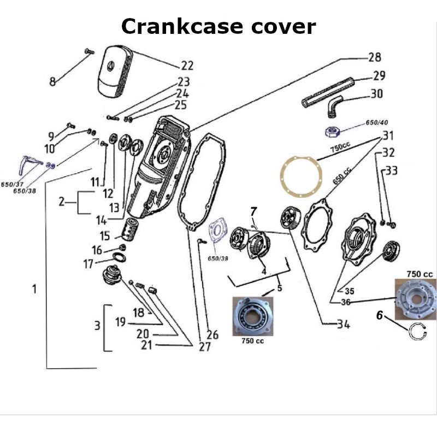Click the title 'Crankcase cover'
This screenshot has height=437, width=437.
coord(218,26)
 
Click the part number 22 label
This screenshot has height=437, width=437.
coord(187,66)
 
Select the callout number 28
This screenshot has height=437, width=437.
coord(374,57)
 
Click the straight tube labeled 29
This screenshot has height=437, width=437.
coord(328,93)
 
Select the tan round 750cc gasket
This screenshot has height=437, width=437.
coord(299,175)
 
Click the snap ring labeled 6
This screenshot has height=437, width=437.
coord(417,332)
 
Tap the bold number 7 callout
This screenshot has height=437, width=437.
coord(253,211)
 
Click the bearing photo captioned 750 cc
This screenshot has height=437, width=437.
coord(252,316)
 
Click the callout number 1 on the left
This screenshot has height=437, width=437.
coord(34,289)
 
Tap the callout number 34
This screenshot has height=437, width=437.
coord(342,324)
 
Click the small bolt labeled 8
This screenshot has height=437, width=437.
coord(88,51)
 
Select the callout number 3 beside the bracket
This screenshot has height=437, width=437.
coord(97,326)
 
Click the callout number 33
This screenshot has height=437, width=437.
coord(392,171)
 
